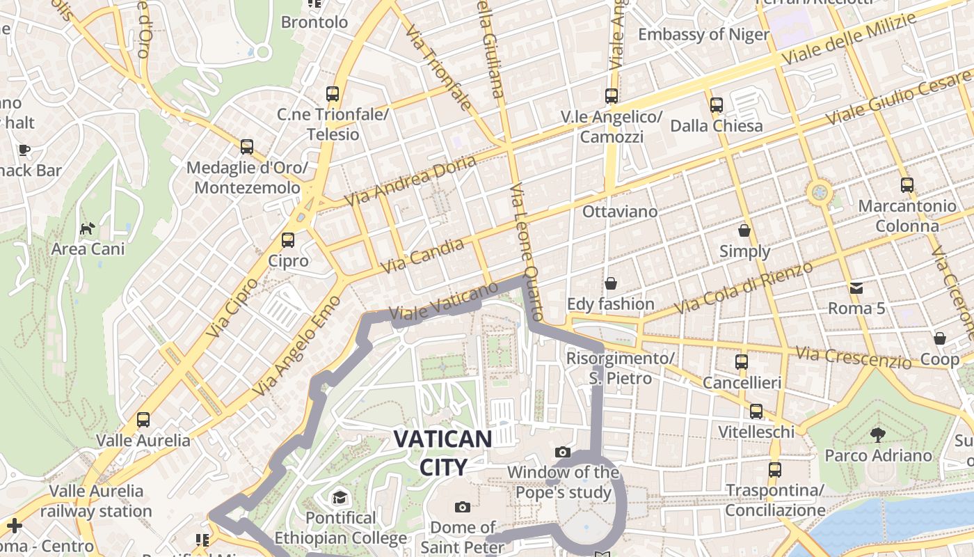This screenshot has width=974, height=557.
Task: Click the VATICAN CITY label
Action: (442, 453)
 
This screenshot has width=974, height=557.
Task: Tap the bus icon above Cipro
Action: (288, 240)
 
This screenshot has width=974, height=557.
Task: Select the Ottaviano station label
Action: (619, 211)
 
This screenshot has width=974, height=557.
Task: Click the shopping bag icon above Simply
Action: (744, 230)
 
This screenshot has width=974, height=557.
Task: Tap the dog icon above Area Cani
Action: (87, 228)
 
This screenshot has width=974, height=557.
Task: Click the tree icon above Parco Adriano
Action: (878, 435)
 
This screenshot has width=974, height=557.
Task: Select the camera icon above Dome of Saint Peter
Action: (462, 507)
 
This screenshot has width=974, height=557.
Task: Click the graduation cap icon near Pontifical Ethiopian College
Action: (340, 497)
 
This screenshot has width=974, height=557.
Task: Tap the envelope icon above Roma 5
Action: (856, 288)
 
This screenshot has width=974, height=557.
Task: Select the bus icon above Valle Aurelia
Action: (143, 419)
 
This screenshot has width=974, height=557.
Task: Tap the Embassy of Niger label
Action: (703, 34)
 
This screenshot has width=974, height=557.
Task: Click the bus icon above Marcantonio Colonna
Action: (907, 185)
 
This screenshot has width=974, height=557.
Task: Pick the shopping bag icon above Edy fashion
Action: (611, 283)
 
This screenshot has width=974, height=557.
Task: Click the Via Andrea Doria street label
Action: (411, 180)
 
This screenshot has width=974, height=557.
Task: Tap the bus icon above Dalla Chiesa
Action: (717, 105)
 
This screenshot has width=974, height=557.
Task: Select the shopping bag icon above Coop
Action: (940, 338)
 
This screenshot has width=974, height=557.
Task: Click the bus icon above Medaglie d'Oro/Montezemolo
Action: (247, 147)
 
